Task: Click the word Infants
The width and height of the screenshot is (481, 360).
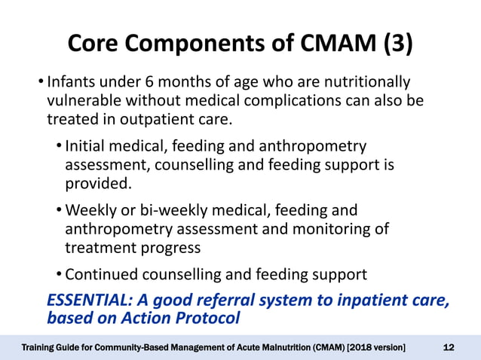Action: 73,81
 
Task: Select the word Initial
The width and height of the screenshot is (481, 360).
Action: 89,145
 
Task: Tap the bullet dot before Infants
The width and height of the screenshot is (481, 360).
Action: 40,81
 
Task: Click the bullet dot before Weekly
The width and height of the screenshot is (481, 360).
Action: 59,210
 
